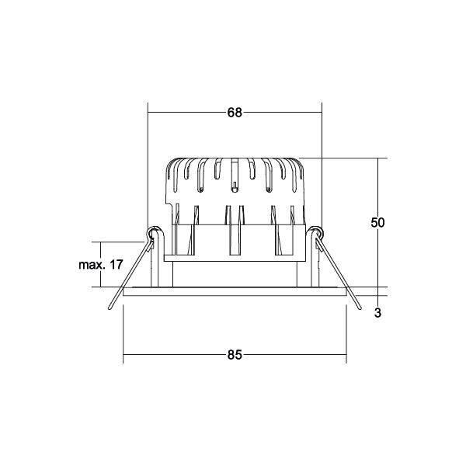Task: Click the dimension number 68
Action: [235, 113]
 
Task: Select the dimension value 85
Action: [235, 355]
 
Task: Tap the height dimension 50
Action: [377, 222]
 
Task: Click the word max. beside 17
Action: [92, 265]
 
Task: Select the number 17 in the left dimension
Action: [116, 265]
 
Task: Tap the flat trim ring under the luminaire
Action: [235, 291]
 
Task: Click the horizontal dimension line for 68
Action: [194, 113]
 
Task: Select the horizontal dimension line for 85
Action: [179, 355]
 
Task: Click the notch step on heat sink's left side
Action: [169, 203]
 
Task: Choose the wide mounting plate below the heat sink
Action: [235, 258]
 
